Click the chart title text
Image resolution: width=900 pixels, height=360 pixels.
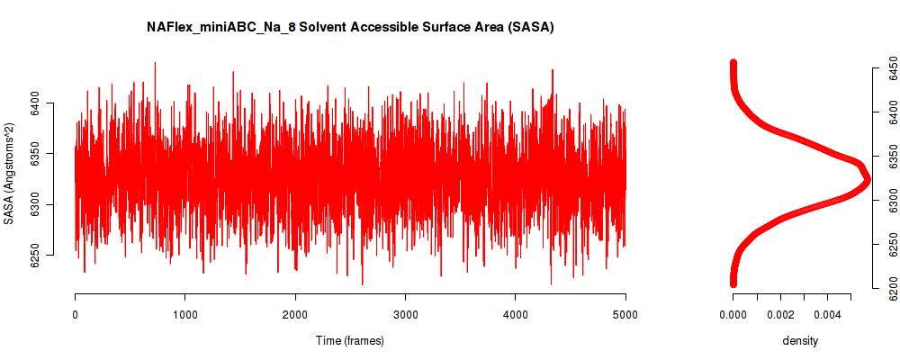click(x=350, y=28)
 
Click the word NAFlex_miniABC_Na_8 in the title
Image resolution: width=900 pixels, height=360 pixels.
click(x=211, y=28)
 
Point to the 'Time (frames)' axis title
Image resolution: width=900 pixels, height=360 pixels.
click(x=350, y=341)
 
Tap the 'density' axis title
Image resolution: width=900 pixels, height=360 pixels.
click(x=800, y=341)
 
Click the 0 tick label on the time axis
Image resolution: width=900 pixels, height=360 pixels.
click(x=75, y=315)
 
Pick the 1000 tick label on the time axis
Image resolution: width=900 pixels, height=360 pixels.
click(x=184, y=315)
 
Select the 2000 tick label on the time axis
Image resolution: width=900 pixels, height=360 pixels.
click(x=295, y=315)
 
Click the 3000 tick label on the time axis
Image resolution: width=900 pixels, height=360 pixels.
click(x=405, y=315)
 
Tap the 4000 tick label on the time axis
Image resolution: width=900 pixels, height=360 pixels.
click(x=516, y=315)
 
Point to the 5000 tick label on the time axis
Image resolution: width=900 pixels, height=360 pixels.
click(x=625, y=315)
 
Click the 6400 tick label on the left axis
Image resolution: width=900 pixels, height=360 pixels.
click(x=35, y=104)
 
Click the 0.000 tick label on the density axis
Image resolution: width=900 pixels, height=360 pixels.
click(x=733, y=315)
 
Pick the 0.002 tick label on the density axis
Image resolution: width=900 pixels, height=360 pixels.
click(x=780, y=315)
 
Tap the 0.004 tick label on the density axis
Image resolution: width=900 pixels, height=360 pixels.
click(x=827, y=315)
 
